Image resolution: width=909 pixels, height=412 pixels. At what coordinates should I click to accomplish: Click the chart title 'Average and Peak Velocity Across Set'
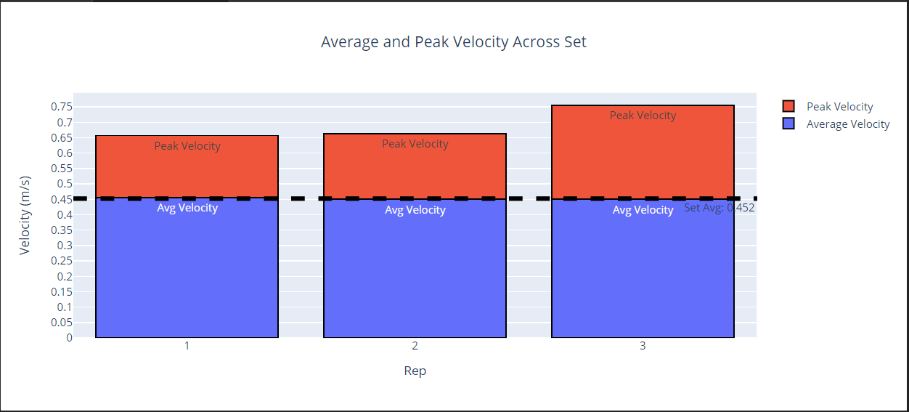454,42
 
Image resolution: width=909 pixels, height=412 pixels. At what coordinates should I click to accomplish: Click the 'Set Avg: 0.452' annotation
719,208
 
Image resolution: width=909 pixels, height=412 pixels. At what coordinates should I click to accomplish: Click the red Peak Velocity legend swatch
789,107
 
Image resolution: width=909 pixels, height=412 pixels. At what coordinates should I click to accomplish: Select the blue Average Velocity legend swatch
789,124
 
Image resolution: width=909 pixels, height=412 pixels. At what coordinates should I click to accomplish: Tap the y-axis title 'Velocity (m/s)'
25,215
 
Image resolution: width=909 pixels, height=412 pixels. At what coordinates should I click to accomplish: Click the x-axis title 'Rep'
415,371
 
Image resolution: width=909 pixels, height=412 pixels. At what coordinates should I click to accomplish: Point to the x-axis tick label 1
187,346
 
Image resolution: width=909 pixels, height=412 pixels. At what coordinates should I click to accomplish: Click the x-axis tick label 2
415,346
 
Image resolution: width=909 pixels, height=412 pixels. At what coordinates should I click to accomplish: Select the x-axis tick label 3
643,346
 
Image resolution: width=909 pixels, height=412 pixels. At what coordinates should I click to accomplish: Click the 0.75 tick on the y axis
62,107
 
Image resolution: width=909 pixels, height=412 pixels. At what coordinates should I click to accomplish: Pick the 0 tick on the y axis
69,338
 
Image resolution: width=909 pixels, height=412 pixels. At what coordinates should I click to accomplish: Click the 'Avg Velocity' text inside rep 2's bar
415,210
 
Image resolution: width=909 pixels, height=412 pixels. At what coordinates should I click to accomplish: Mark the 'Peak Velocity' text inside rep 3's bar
643,116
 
